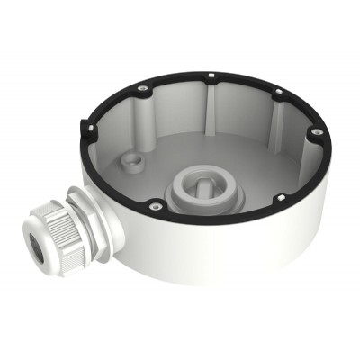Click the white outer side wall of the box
(225, 270)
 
